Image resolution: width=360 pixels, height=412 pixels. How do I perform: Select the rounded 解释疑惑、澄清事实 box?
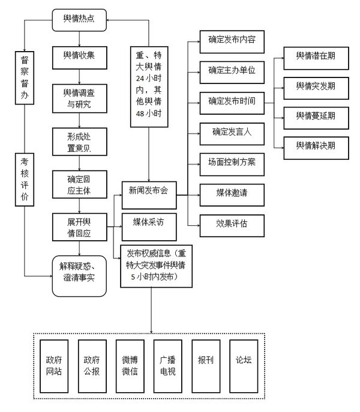click(x=79, y=272)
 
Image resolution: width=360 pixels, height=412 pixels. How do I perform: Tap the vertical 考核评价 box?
click(x=25, y=180)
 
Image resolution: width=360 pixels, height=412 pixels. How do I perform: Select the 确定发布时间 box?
click(x=232, y=100)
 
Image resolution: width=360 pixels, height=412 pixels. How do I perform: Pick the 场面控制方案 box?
click(x=232, y=162)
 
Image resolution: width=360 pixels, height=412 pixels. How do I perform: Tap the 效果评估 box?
click(x=232, y=224)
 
